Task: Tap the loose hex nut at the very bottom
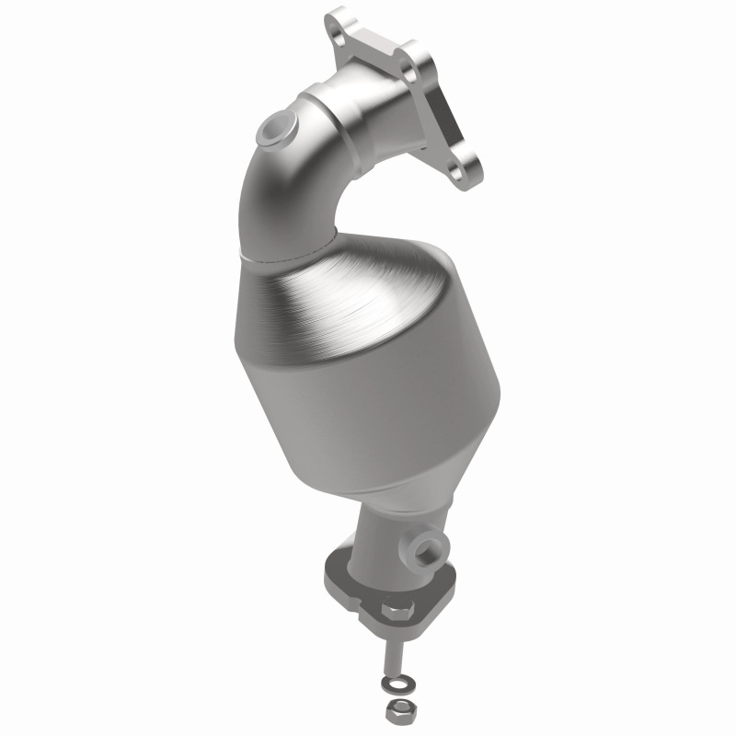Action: [396, 710]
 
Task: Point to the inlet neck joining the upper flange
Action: [386, 110]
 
